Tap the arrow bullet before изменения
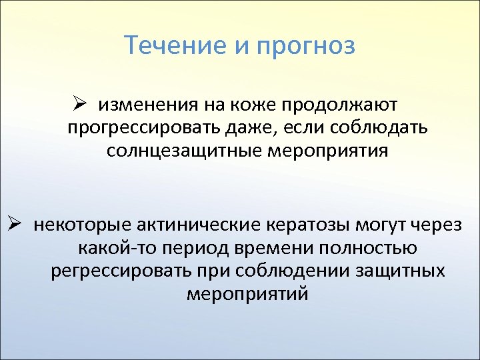pyautogui.click(x=81, y=105)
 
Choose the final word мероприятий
pyautogui.click(x=247, y=294)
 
